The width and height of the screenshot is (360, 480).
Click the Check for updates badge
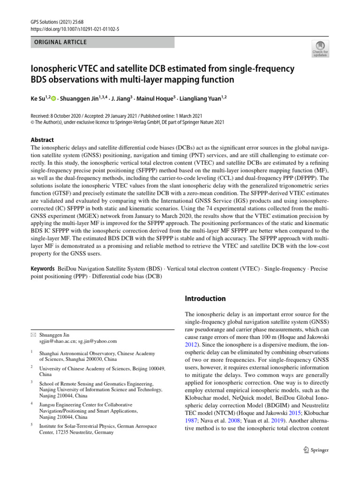pyautogui.click(x=320, y=48)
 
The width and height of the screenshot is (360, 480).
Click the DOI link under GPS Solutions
pyautogui.click(x=75, y=29)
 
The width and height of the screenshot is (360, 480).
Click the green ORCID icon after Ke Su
pyautogui.click(x=53, y=99)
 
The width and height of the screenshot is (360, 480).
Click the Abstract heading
pyautogui.click(x=42, y=140)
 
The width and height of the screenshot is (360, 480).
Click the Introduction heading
pyautogui.click(x=205, y=299)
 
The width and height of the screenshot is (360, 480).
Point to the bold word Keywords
pyautogui.click(x=43, y=269)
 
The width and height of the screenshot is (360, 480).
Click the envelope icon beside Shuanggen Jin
pyautogui.click(x=33, y=335)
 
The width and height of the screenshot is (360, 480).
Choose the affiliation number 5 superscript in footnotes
pyautogui.click(x=31, y=425)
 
